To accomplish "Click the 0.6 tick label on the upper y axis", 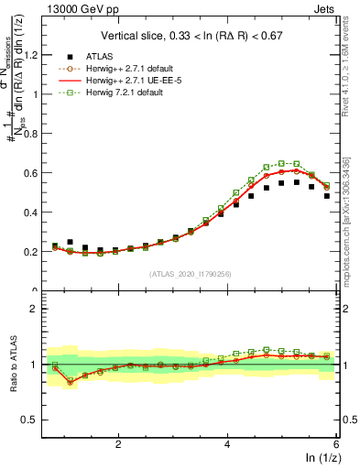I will (36, 172).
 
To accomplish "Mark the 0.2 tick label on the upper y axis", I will (36, 251).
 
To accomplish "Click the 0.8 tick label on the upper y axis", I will (36, 133).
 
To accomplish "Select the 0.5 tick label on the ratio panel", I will (36, 420).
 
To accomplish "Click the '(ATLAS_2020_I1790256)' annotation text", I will (190, 273).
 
